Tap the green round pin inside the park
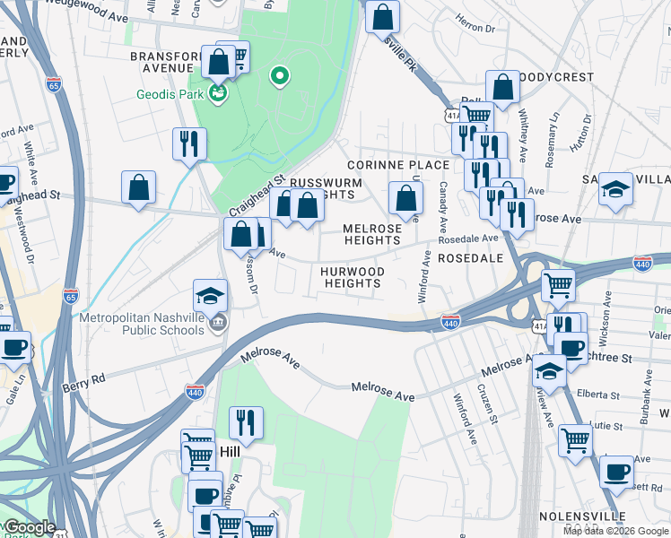[279, 76]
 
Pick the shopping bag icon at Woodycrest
[502, 87]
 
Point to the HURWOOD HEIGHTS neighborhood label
[353, 277]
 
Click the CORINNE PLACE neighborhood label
[397, 165]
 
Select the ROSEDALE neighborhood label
[470, 258]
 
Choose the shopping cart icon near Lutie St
[575, 439]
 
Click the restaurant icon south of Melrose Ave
[245, 422]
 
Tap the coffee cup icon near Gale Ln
[13, 348]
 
